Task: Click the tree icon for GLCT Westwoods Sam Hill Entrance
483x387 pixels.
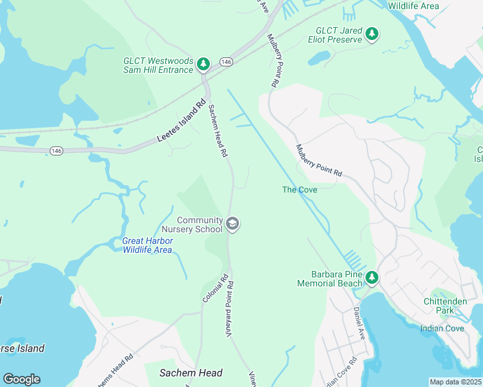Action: coord(203,63)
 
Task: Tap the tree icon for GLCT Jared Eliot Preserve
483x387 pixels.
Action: coord(371,34)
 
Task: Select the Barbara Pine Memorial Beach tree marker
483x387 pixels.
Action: coord(371,277)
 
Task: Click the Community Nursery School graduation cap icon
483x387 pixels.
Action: coord(232,224)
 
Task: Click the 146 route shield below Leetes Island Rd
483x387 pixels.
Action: coord(56,150)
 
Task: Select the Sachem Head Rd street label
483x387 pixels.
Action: coord(217,132)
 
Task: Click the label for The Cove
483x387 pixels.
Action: coord(300,190)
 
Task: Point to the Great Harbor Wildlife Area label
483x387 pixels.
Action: coord(148,245)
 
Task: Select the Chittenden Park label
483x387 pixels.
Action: coord(444,306)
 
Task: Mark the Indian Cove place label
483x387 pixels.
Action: coord(442,328)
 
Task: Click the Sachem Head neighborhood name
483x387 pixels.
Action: coord(191,373)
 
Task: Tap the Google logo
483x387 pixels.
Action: coord(21,379)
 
